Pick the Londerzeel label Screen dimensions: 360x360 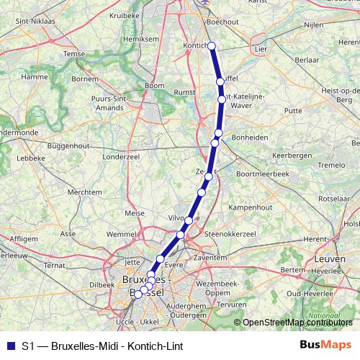coord(120,155)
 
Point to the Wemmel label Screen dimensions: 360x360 coord(120,234)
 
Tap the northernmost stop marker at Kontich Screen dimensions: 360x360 coord(212,47)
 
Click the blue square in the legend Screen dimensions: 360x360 coord(9,346)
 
